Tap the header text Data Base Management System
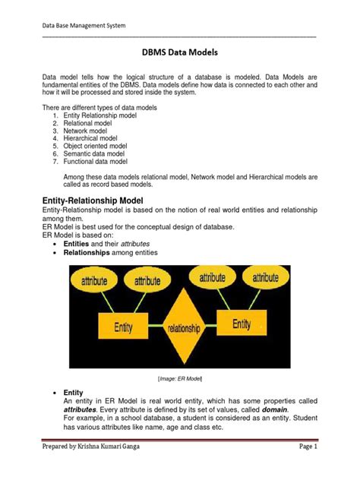pyautogui.click(x=84, y=26)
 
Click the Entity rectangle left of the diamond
pyautogui.click(x=124, y=327)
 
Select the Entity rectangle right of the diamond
pyautogui.click(x=242, y=324)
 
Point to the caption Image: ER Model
pyautogui.click(x=181, y=377)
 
